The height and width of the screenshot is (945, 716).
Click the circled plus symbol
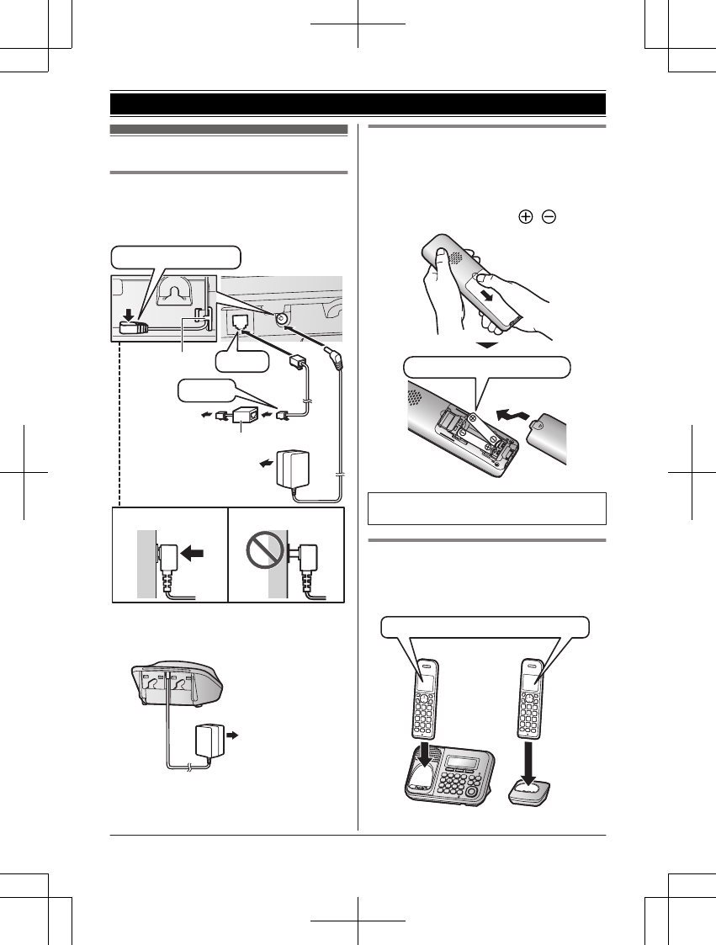point(526,217)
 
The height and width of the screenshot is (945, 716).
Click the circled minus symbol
point(548,217)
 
